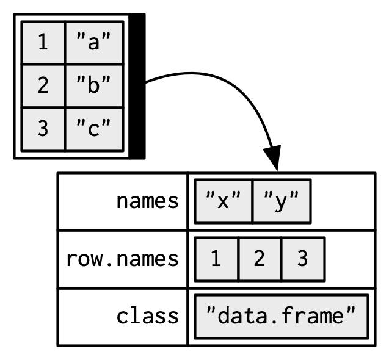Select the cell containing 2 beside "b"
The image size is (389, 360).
tap(43, 86)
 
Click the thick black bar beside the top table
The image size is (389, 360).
tap(137, 85)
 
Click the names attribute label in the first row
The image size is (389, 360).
tap(148, 201)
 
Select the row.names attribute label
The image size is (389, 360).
tap(123, 259)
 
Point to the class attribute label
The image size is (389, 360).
tap(148, 316)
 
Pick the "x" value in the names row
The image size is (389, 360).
tap(223, 201)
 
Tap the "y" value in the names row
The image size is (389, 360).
tap(281, 201)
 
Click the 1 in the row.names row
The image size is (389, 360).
tap(216, 259)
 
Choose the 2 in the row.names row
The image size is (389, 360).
tap(259, 259)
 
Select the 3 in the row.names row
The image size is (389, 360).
tap(302, 259)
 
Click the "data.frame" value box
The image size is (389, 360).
tap(281, 316)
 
